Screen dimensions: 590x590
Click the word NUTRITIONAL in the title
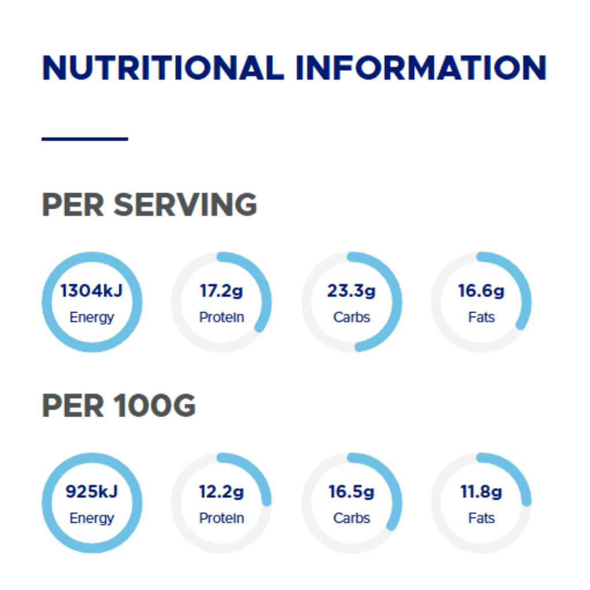click(163, 68)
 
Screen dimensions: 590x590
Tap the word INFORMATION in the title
click(421, 68)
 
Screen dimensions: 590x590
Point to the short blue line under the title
click(85, 139)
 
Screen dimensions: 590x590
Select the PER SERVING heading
click(149, 205)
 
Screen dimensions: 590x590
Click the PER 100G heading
click(119, 406)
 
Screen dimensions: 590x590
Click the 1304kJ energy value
click(92, 291)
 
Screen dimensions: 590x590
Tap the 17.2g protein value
click(221, 291)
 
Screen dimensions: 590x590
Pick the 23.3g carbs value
click(351, 291)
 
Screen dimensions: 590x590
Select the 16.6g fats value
click(481, 291)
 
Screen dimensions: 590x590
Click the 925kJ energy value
click(92, 492)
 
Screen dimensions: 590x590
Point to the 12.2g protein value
click(221, 492)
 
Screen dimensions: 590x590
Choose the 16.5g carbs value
click(351, 492)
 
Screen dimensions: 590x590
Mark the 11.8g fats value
click(481, 492)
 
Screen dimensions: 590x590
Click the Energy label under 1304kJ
click(92, 317)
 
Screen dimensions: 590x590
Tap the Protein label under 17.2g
click(221, 317)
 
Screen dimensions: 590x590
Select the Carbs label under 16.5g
click(351, 519)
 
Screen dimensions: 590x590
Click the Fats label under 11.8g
click(481, 519)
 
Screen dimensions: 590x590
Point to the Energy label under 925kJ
click(92, 519)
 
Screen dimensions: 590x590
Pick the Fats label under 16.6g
click(481, 317)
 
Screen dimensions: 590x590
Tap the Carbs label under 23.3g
click(351, 317)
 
